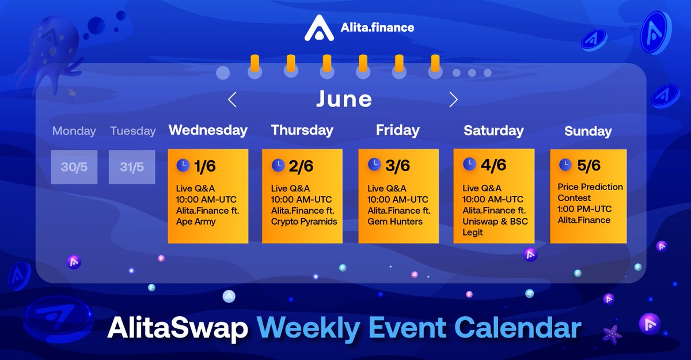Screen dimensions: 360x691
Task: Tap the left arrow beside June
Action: [232, 100]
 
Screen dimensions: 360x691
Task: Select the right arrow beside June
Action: [453, 100]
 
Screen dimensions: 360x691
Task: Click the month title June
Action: [344, 99]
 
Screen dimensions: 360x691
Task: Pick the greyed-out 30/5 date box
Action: [74, 167]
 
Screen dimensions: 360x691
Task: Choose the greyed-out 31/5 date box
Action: [132, 167]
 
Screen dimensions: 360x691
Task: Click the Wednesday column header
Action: [208, 130]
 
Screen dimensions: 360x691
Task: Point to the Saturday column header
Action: [493, 131]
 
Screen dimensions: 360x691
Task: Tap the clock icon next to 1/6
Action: [183, 165]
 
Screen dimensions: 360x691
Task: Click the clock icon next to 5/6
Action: [565, 165]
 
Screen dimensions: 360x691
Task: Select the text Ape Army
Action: [196, 222]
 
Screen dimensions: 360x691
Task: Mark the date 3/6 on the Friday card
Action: [397, 165]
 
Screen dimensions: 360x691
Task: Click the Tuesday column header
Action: [132, 131]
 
